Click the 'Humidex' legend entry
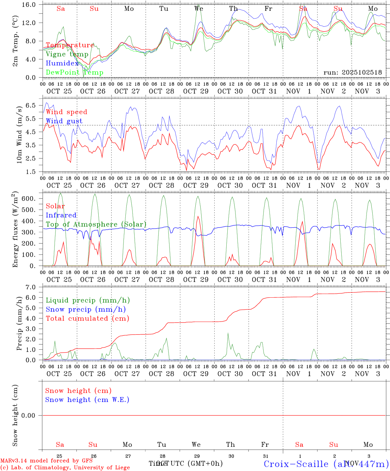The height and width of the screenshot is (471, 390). (x=62, y=63)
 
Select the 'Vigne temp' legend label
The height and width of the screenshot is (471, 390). (x=67, y=54)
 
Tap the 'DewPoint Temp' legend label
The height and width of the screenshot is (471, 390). (x=74, y=73)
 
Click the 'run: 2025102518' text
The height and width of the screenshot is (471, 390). (x=352, y=73)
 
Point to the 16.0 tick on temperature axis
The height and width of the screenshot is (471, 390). (x=29, y=5)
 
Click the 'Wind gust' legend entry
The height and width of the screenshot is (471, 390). (x=64, y=121)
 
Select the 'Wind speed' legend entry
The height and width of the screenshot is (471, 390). (x=67, y=112)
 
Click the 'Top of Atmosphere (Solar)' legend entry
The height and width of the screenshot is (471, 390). (x=96, y=224)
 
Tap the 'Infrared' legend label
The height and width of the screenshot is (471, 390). (x=61, y=215)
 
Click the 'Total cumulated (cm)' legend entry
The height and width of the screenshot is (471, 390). (x=87, y=319)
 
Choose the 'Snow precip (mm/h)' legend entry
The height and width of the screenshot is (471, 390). (x=86, y=309)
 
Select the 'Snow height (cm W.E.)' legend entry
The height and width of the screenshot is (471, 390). (x=87, y=400)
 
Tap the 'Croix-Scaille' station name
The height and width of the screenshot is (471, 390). (x=296, y=464)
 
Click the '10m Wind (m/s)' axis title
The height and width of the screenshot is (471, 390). (x=19, y=134)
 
